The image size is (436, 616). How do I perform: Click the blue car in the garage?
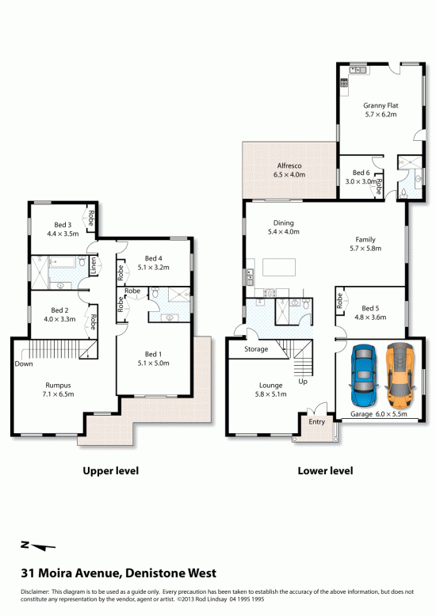tap(363, 376)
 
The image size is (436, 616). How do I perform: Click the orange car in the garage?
tap(400, 376)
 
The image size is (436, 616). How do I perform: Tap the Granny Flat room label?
tap(381, 105)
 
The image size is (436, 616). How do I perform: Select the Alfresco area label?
tap(289, 165)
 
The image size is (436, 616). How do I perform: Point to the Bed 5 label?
tap(370, 308)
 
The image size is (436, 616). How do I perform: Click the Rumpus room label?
tap(58, 386)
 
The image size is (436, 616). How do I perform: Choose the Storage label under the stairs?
tap(256, 349)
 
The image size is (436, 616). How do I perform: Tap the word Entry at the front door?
tap(317, 421)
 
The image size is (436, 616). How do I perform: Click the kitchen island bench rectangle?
tap(279, 268)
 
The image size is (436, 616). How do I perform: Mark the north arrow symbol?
tap(38, 546)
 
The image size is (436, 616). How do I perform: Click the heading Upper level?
tap(110, 470)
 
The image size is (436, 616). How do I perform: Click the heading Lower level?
tap(325, 470)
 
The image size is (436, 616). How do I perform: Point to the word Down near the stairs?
tap(24, 363)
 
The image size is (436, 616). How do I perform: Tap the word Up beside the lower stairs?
tap(303, 382)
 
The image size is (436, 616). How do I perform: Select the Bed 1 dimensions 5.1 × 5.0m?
tap(154, 363)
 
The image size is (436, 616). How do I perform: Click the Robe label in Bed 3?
tap(91, 219)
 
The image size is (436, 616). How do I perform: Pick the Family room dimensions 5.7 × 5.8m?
tap(365, 249)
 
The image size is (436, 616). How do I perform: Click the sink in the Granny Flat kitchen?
tap(358, 70)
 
